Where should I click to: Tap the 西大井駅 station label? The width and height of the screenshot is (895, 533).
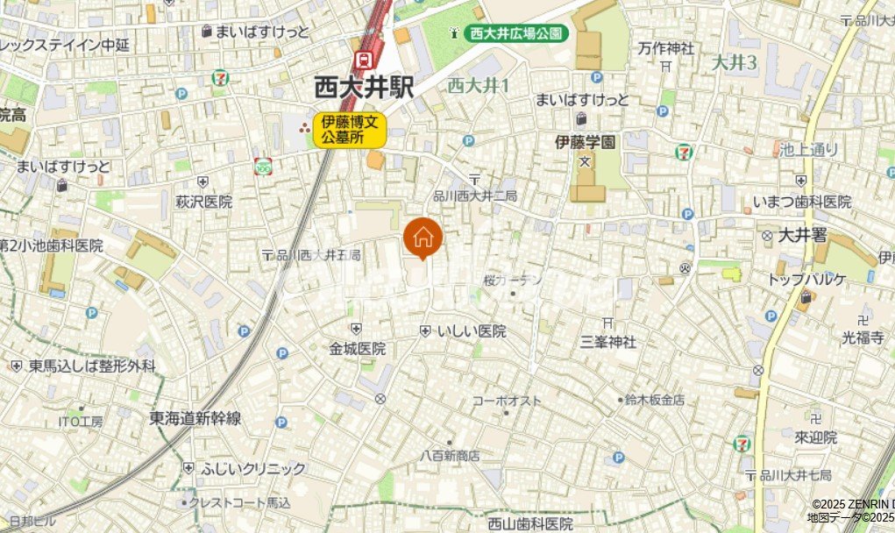point(364,87)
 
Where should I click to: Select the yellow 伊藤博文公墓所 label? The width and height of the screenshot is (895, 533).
point(351,130)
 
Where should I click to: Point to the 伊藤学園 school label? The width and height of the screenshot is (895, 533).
point(586,140)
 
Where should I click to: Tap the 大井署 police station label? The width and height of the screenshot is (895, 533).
point(804,236)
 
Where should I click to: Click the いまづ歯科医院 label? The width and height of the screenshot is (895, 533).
point(801,202)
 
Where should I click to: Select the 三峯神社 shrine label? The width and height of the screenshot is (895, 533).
point(607,341)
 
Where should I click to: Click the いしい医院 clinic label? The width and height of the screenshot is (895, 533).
point(472,330)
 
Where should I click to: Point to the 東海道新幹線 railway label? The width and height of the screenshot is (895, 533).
point(195,418)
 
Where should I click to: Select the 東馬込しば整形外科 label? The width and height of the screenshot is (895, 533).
point(92,366)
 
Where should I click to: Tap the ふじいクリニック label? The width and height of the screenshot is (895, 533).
point(241,468)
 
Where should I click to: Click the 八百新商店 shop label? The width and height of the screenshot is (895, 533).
point(450,456)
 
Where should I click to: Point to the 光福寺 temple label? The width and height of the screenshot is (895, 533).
point(863,336)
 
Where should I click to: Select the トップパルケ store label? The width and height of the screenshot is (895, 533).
point(806,280)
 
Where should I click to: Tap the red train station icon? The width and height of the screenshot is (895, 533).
point(362,60)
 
